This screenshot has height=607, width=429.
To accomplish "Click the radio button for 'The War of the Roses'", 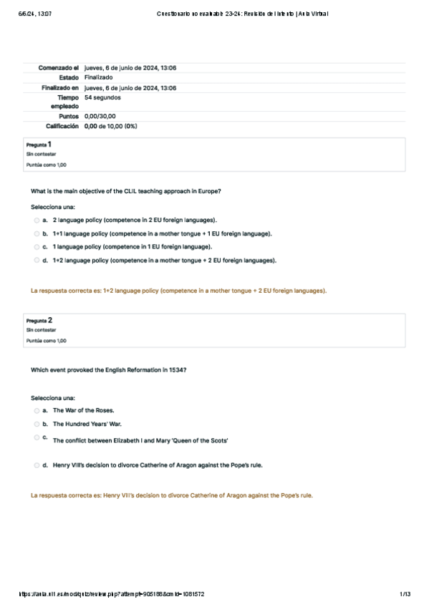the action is pos(37,411).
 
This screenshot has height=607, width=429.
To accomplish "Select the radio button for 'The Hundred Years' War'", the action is pos(37,424).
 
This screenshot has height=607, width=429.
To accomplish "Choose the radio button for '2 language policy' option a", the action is pos(37,220).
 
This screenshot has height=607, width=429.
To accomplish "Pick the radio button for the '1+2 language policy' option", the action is pos(37,261).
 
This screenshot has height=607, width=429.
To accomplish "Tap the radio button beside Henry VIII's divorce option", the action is pos(37,465).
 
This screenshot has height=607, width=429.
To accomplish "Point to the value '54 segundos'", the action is pos(102,97).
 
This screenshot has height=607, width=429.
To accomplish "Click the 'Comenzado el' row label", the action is pos(58,67).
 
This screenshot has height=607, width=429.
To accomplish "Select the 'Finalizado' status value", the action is pos(98,77).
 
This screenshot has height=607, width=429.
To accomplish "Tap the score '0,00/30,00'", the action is pos(100,116).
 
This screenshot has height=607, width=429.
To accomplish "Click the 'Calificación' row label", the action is pos(62,126).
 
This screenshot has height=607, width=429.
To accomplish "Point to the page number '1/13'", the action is pos(405,594).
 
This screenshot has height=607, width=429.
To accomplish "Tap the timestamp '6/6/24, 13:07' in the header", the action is pos(33,14).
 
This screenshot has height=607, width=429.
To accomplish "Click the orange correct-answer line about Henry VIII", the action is pos(172,495).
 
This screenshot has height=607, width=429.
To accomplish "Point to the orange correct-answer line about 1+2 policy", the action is pos(178,291).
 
